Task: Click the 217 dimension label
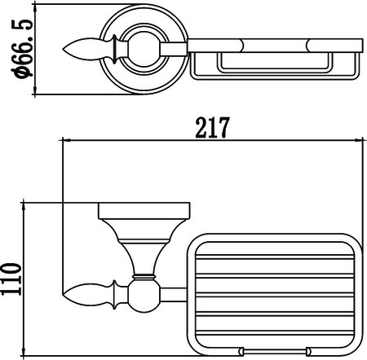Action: coord(213,128)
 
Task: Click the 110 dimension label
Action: coord(11,279)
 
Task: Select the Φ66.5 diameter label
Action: coord(22,49)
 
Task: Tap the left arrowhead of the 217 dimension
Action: coord(67,140)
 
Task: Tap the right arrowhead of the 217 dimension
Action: coord(359,140)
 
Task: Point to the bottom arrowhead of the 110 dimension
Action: coord(24,351)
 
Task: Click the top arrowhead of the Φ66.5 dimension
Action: coord(34,9)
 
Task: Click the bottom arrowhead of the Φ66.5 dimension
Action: coord(34,90)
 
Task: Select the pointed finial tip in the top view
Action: coord(63,50)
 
